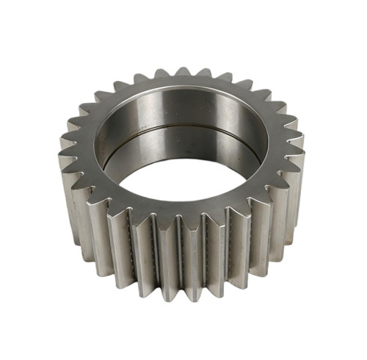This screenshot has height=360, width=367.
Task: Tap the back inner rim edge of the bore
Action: tap(183, 94)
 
